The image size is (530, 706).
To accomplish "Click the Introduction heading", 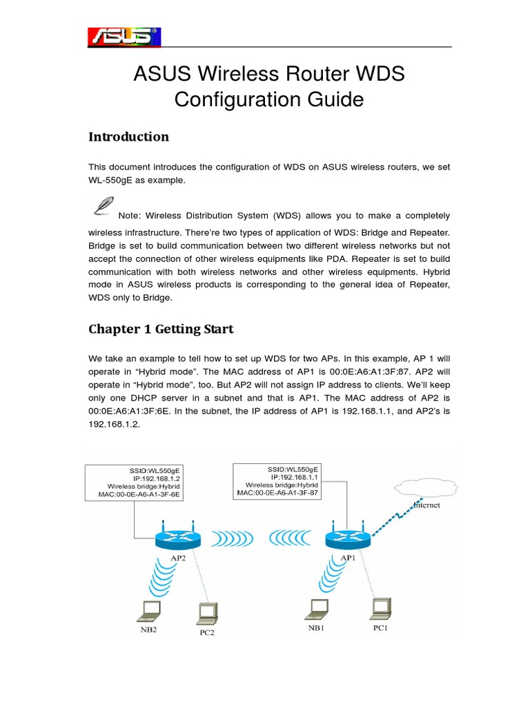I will pyautogui.click(x=128, y=137).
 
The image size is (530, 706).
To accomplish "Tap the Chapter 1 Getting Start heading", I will pyautogui.click(x=161, y=329).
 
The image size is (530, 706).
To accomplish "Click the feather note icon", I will pyautogui.click(x=103, y=206).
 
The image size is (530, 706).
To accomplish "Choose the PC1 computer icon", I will pyautogui.click(x=380, y=607).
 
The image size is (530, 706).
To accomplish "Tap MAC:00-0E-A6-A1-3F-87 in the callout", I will pyautogui.click(x=279, y=492).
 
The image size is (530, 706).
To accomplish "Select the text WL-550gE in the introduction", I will pyautogui.click(x=110, y=180).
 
